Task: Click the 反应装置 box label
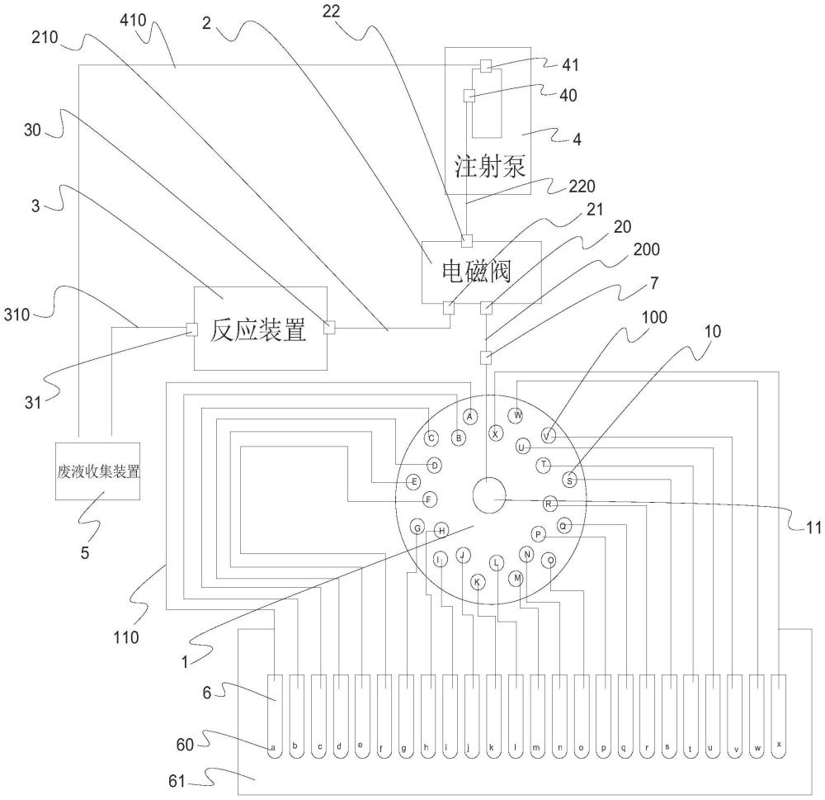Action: click(x=257, y=330)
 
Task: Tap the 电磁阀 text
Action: click(x=476, y=272)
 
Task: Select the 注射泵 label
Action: click(x=490, y=166)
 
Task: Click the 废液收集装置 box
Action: click(x=98, y=471)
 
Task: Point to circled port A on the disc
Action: click(x=470, y=417)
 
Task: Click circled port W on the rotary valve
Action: click(x=517, y=415)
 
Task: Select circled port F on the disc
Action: click(x=430, y=499)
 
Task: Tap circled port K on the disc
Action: click(x=477, y=582)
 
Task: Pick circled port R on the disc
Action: click(x=549, y=504)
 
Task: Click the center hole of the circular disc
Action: click(x=489, y=495)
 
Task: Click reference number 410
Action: click(x=133, y=21)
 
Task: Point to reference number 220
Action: click(x=582, y=186)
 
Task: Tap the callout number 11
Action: click(x=813, y=528)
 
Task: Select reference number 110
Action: click(x=126, y=637)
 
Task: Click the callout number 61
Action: click(x=177, y=780)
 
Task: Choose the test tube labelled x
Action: click(x=779, y=717)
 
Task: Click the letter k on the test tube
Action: click(x=492, y=747)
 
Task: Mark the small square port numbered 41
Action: click(x=486, y=66)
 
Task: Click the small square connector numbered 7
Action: click(x=486, y=357)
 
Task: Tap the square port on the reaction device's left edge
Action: click(x=192, y=329)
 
